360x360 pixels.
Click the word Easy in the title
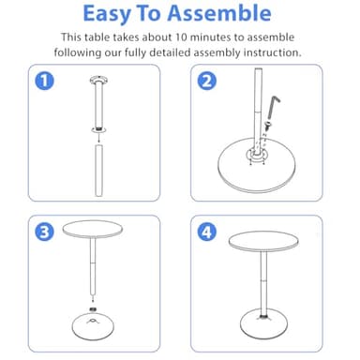pos(112,13)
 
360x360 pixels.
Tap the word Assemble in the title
pos(224,13)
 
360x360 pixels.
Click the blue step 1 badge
pos(41,81)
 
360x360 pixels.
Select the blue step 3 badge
pos(41,231)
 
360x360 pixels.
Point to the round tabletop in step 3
pos(93,232)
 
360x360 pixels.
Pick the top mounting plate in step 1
pos(97,79)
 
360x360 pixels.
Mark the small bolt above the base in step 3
pos(94,305)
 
